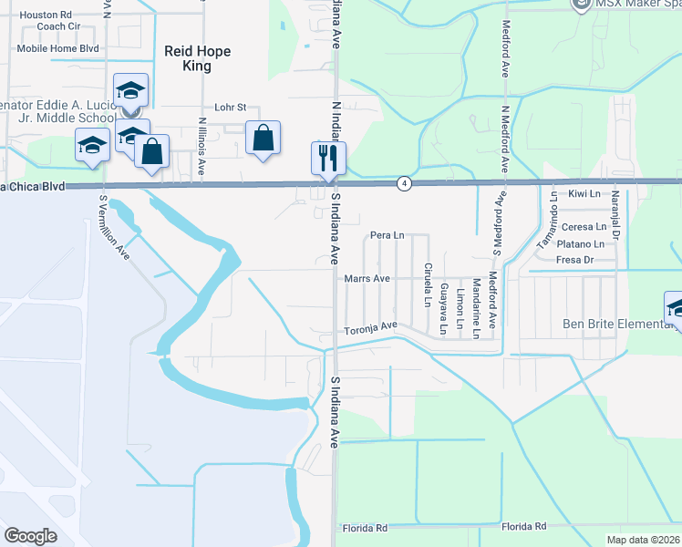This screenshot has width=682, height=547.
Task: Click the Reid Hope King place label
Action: click(x=197, y=59)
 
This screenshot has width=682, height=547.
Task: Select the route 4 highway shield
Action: click(x=402, y=184)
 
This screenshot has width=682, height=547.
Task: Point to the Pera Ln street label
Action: click(x=387, y=236)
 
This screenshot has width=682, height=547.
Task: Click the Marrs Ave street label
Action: click(x=367, y=278)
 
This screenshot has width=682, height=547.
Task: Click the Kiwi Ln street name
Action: click(x=584, y=194)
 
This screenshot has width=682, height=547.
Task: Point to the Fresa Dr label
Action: click(x=575, y=261)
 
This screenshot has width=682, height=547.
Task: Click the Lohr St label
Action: click(x=231, y=107)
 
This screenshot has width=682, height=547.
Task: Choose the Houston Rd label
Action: click(x=46, y=15)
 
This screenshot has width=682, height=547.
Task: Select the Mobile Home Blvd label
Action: click(x=57, y=48)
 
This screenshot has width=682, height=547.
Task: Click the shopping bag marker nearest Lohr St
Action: click(x=263, y=139)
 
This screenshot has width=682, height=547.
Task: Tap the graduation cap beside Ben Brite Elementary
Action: click(x=676, y=308)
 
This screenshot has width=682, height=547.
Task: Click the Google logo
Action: click(x=30, y=536)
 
